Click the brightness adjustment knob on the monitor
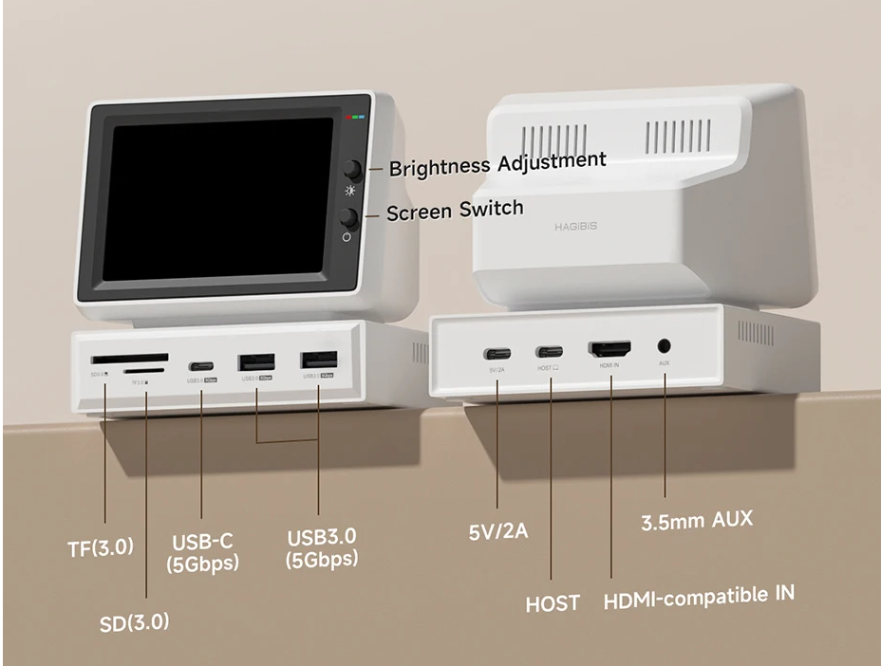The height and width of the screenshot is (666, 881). pyautogui.click(x=353, y=170)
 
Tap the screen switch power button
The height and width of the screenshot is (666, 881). pyautogui.click(x=348, y=217)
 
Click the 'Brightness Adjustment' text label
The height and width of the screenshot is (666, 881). pyautogui.click(x=497, y=163)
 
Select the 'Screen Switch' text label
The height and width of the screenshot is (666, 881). pyautogui.click(x=455, y=211)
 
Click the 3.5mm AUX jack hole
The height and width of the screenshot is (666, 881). pyautogui.click(x=664, y=348)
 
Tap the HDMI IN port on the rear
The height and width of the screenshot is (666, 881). pyautogui.click(x=609, y=349)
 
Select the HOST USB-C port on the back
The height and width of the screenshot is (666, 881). pyautogui.click(x=549, y=351)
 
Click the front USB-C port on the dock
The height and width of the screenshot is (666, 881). pyautogui.click(x=200, y=365)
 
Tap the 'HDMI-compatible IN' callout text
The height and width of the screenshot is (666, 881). pyautogui.click(x=699, y=598)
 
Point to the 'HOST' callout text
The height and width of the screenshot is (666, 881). pyautogui.click(x=553, y=603)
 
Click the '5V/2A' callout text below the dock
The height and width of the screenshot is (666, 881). pyautogui.click(x=498, y=530)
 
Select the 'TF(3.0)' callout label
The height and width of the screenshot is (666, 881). pyautogui.click(x=101, y=547)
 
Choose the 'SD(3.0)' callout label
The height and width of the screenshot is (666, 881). pyautogui.click(x=135, y=622)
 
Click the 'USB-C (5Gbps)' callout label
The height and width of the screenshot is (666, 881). pyautogui.click(x=202, y=553)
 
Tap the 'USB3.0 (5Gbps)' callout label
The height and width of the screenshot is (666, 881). pyautogui.click(x=322, y=547)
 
